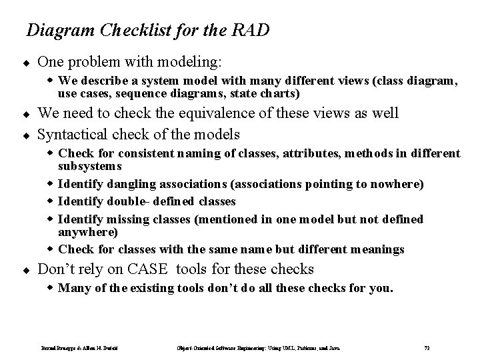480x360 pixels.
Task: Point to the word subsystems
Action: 90,165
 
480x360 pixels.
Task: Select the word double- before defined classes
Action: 123,201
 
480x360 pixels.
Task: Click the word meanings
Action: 375,249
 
